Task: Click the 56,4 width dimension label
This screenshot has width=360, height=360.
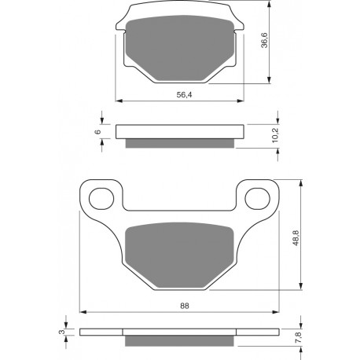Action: click(184, 94)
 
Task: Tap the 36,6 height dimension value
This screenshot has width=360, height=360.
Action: click(265, 40)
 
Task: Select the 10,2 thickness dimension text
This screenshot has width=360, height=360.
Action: click(276, 135)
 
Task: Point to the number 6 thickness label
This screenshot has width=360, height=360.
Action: click(97, 131)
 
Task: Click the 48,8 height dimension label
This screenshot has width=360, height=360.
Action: click(296, 238)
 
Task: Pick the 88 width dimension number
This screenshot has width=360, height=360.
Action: click(185, 306)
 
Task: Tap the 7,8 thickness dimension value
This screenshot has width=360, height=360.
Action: click(298, 337)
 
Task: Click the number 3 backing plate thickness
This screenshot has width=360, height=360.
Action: click(61, 332)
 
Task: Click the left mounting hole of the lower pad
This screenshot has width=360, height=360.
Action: click(101, 198)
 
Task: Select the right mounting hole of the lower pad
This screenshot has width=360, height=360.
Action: click(257, 198)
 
